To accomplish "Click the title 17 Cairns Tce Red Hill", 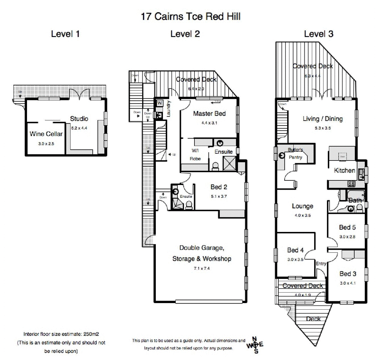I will pyautogui.click(x=190, y=17).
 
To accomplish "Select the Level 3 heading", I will pyautogui.click(x=318, y=34).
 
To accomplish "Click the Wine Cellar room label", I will pyautogui.click(x=44, y=134).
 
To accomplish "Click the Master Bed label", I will pyautogui.click(x=209, y=114).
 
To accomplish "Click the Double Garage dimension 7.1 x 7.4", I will pyautogui.click(x=205, y=268).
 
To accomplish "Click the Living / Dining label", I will pyautogui.click(x=323, y=119).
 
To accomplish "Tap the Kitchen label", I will pyautogui.click(x=344, y=171).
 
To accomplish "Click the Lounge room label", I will pyautogui.click(x=302, y=206).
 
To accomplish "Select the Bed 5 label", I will pyautogui.click(x=347, y=228).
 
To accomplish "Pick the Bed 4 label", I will pyautogui.click(x=296, y=250).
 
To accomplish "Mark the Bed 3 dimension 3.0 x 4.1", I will pyautogui.click(x=348, y=283).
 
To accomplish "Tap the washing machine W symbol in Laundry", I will pyautogui.click(x=160, y=103).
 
